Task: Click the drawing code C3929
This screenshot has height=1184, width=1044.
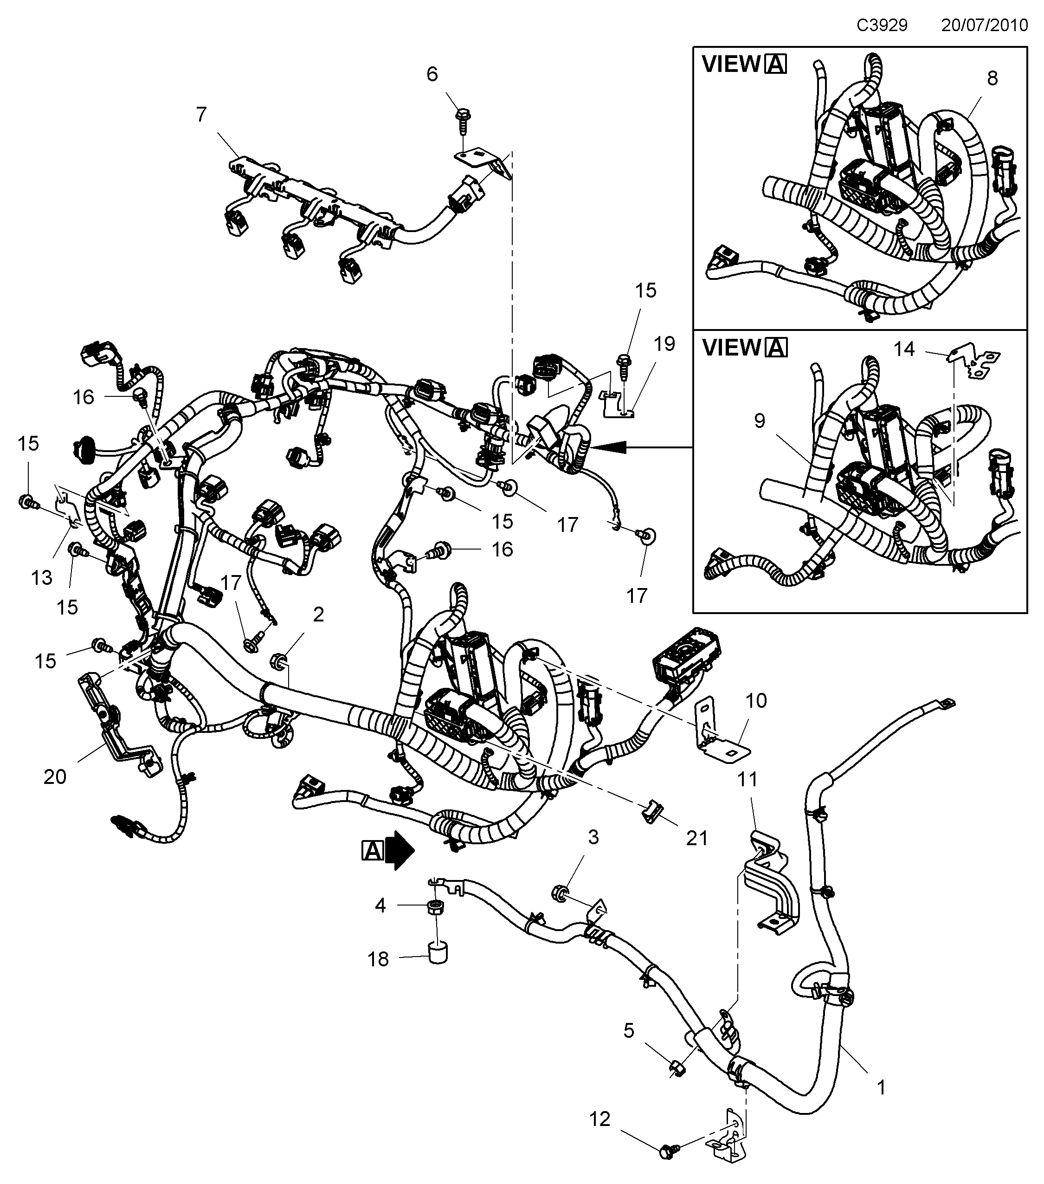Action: [x=882, y=26]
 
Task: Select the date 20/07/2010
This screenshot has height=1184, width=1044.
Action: [x=984, y=26]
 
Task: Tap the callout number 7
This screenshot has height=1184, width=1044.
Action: [x=201, y=115]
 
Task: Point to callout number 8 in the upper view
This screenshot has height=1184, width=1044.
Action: [x=992, y=78]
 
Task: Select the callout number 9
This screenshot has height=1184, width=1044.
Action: [x=760, y=421]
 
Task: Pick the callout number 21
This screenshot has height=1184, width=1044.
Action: [x=696, y=838]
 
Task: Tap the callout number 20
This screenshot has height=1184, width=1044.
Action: [x=55, y=776]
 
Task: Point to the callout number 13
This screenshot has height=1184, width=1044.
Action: [x=42, y=577]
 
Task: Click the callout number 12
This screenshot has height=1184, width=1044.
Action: [x=600, y=1119]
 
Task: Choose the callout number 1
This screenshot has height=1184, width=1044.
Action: [x=881, y=1088]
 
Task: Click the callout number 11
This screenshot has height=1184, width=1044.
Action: [x=747, y=780]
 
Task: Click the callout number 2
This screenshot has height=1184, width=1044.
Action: [x=318, y=614]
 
